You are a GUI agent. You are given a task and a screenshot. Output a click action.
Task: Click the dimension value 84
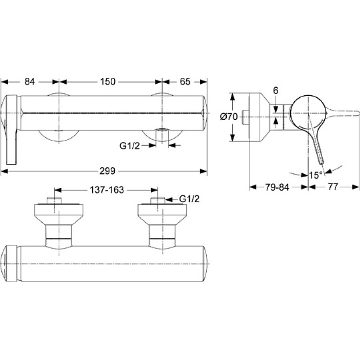click(30, 81)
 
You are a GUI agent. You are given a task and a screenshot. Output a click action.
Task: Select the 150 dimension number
click(108, 81)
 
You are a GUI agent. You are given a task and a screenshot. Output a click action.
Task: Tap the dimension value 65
click(185, 81)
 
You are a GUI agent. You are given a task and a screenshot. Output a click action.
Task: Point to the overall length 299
click(107, 171)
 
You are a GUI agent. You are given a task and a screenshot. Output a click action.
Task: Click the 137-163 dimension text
click(107, 190)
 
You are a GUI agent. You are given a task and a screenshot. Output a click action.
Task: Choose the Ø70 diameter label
click(229, 117)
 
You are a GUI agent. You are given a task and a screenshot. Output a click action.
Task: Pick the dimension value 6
click(276, 91)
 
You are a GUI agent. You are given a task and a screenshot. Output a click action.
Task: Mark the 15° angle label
click(316, 175)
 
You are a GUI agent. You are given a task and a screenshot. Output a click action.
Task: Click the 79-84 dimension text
click(277, 187)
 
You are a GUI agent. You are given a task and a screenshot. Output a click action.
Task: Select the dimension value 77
click(333, 187)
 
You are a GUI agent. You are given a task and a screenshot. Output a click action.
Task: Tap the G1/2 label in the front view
click(130, 145)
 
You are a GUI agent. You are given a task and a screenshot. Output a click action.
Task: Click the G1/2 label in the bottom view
click(189, 199)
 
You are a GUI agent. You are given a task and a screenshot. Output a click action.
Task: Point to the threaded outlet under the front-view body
click(162, 135)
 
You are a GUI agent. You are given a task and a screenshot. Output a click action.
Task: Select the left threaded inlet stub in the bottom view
click(54, 200)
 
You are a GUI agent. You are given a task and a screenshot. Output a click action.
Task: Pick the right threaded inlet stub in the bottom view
click(157, 200)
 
